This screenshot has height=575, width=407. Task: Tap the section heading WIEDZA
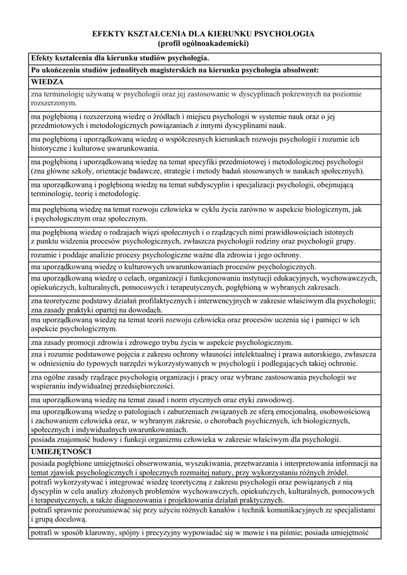48,82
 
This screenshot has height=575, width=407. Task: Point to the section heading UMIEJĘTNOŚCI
62,451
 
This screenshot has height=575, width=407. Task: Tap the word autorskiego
323,354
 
